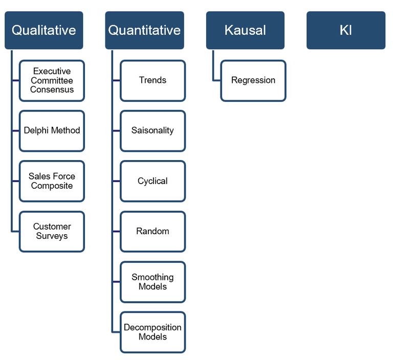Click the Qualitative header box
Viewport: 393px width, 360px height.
tap(44, 30)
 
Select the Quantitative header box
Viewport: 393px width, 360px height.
tap(145, 30)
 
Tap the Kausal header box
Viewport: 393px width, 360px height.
tap(246, 30)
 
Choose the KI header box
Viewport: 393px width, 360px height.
tap(346, 30)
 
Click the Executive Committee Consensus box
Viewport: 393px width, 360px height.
tap(52, 81)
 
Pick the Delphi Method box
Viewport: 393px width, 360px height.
tap(52, 131)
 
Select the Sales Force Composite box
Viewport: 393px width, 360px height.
tap(52, 181)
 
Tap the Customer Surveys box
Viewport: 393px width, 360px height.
tap(52, 232)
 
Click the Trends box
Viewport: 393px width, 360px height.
tap(152, 81)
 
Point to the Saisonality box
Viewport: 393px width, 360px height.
tap(152, 131)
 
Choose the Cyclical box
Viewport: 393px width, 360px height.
tap(152, 181)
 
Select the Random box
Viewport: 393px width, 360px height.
tap(152, 232)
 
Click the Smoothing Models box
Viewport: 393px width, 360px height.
tap(152, 282)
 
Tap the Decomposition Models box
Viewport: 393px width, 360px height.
tap(152, 332)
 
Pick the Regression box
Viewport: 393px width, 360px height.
tap(253, 81)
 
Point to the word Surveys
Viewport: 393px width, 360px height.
tap(52, 236)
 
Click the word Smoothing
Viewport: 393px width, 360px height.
tap(152, 277)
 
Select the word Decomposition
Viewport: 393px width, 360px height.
tap(152, 327)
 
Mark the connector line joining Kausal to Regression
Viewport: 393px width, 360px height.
tap(213, 67)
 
